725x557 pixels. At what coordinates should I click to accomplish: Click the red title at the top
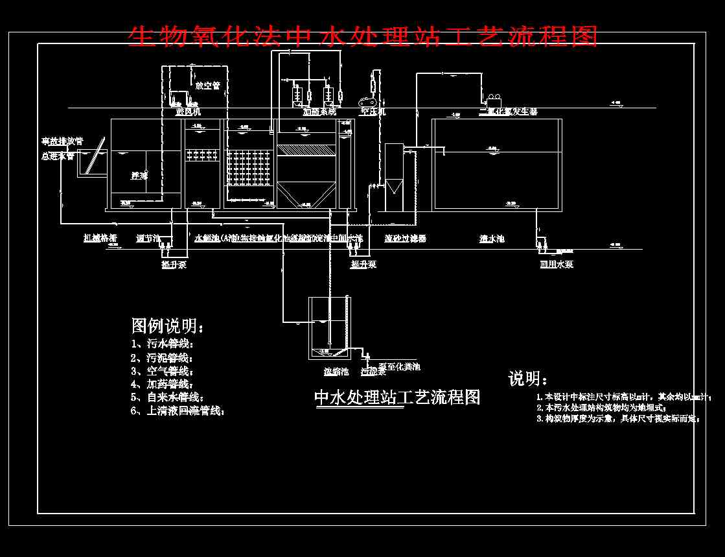[x=362, y=36]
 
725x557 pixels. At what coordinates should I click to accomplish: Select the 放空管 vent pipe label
[x=207, y=85]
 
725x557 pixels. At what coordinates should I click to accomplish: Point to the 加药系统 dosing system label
[x=319, y=112]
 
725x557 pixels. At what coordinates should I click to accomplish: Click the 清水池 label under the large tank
[x=492, y=239]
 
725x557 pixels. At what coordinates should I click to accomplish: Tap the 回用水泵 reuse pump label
[x=557, y=264]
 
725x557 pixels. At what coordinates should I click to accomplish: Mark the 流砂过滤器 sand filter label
[x=405, y=239]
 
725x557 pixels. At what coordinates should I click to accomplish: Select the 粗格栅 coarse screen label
[x=100, y=238]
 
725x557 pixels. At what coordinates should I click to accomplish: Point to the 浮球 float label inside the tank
[x=139, y=175]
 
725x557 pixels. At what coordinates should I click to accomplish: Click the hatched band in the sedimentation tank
[x=305, y=150]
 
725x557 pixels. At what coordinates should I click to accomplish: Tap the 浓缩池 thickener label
[x=336, y=372]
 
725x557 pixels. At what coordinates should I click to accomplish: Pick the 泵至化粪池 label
[x=399, y=367]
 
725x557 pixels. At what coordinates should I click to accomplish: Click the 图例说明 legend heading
[x=167, y=326]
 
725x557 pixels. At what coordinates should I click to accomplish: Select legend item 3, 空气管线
[x=161, y=371]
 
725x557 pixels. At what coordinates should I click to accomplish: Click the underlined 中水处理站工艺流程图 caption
[x=397, y=397]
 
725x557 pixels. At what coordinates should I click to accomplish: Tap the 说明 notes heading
[x=527, y=379]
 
